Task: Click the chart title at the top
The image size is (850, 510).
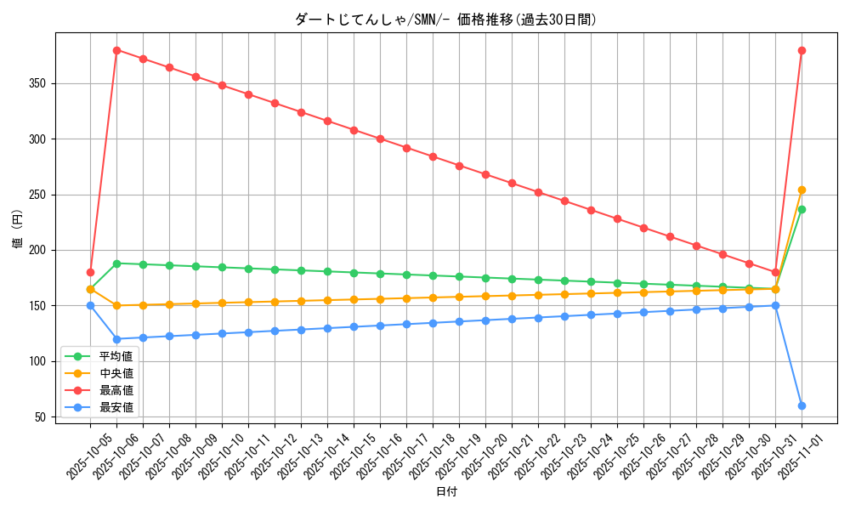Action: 445,20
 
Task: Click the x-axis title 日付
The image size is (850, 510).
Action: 445,492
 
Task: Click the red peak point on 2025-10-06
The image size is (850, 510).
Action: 116,50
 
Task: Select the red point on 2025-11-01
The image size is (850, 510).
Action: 802,50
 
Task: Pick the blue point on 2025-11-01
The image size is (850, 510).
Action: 802,405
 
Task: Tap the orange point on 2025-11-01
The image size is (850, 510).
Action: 802,190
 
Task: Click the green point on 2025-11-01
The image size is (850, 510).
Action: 802,209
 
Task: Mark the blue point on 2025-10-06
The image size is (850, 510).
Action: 116,339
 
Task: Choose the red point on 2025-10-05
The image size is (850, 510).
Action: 90,272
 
